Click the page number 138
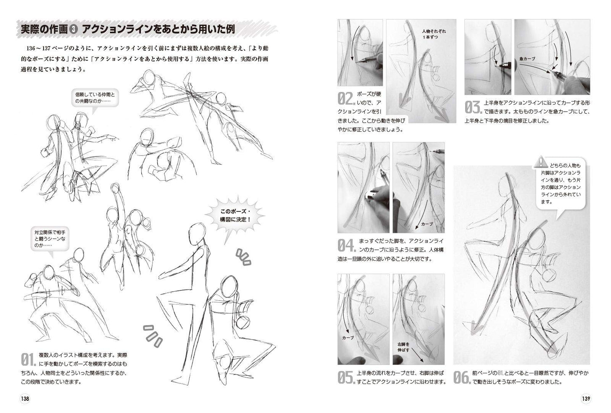pyautogui.click(x=25, y=399)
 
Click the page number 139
pyautogui.click(x=586, y=399)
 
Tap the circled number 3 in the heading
pyautogui.click(x=74, y=30)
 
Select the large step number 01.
pyautogui.click(x=28, y=360)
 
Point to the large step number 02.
pyautogui.click(x=346, y=98)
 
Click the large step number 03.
pyautogui.click(x=474, y=107)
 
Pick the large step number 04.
pyautogui.click(x=346, y=245)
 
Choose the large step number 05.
pyautogui.click(x=346, y=377)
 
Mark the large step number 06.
pyautogui.click(x=462, y=377)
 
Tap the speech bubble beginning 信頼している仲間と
pyautogui.click(x=95, y=99)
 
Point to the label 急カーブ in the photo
pyautogui.click(x=527, y=59)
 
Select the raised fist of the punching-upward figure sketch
pyautogui.click(x=115, y=188)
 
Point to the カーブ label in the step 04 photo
pyautogui.click(x=427, y=224)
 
